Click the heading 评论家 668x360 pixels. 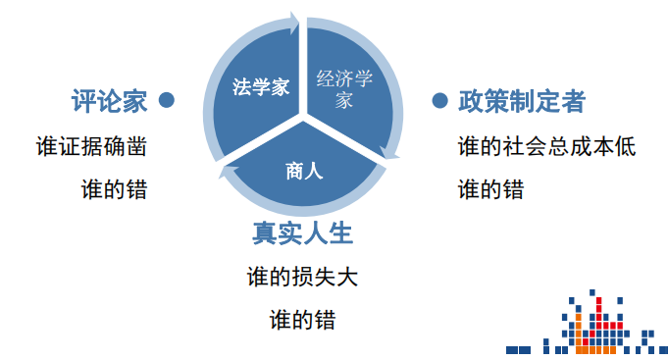(x=108, y=100)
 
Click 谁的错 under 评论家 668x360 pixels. (x=115, y=188)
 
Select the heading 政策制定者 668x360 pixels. (x=522, y=100)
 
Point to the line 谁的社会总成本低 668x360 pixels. (x=547, y=147)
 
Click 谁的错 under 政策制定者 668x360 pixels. (x=490, y=188)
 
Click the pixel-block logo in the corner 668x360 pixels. (x=588, y=324)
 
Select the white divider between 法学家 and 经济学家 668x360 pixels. (x=303, y=69)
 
